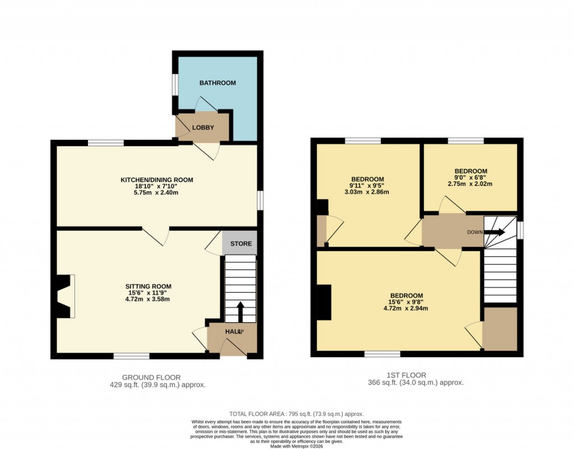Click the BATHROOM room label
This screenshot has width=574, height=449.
[x=217, y=83]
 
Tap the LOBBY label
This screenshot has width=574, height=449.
[x=203, y=127]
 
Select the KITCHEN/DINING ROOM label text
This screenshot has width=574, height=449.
[x=157, y=180]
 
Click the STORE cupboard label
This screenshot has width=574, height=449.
[x=240, y=244]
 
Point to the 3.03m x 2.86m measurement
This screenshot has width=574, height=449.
[x=367, y=192]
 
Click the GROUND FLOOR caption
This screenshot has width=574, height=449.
[x=151, y=377]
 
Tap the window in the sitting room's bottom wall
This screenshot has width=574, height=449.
[x=132, y=355]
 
